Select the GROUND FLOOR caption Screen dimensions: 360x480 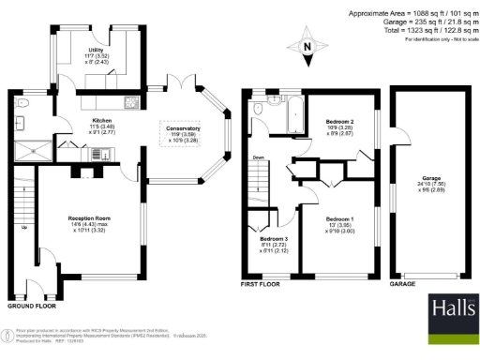[32, 306]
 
